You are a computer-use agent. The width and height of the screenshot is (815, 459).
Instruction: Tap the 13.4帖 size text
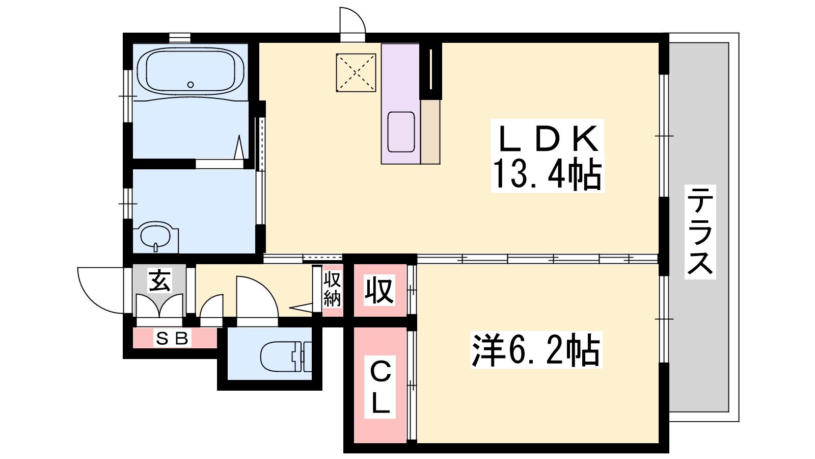coord(547,174)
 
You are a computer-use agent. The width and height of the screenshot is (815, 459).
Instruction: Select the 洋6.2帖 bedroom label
coord(535,350)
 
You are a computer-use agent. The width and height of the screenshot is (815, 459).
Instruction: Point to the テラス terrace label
coord(700,232)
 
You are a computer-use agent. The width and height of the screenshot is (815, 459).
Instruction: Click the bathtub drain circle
coord(191,85)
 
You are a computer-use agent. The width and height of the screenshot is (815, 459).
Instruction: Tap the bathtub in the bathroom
coord(191,72)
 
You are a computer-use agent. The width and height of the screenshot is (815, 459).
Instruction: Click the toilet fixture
coord(286,356)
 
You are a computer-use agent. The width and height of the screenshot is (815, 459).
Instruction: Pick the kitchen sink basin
coord(401,132)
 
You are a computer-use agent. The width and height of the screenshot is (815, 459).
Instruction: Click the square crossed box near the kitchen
coord(356,73)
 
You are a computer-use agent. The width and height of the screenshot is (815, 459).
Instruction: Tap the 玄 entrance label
coord(160,281)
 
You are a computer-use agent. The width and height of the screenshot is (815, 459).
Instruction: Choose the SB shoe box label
coord(172,339)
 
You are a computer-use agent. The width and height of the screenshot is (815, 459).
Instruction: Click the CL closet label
coord(380,387)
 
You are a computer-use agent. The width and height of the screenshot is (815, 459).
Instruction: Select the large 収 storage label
coord(379,290)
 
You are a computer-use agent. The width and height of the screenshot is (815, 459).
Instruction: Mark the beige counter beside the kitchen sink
coord(430,132)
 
